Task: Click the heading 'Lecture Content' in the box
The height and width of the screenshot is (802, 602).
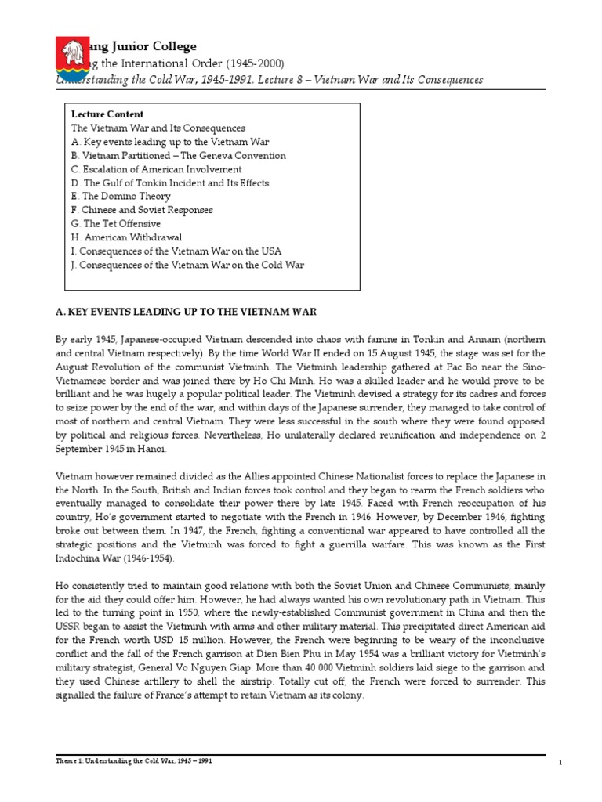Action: pos(107,114)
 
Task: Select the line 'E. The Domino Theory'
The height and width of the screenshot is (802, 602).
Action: pos(121,197)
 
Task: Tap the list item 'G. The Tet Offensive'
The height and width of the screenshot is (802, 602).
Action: pos(116,224)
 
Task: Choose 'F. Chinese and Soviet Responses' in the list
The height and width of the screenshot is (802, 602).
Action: pos(142,210)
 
